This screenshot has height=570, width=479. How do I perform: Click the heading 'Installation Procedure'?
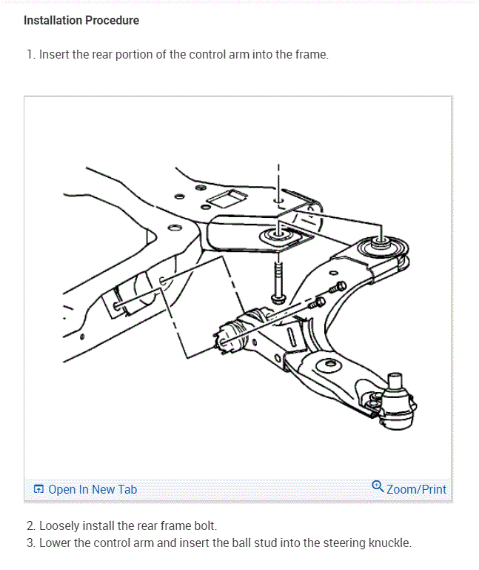coord(81,20)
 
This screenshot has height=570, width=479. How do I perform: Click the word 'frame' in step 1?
coord(309,55)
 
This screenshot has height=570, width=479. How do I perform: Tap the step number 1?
coord(29,55)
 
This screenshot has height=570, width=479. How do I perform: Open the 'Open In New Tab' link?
coord(93,489)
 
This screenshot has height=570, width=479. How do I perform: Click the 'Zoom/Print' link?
coord(416,489)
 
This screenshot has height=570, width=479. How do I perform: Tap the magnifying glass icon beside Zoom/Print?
coord(378,487)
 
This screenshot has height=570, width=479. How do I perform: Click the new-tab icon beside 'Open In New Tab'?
coord(39,489)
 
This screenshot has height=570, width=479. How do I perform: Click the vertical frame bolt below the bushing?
coord(278,282)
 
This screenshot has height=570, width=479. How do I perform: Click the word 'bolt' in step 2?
coord(204,526)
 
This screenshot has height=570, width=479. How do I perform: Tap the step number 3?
coord(30,543)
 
